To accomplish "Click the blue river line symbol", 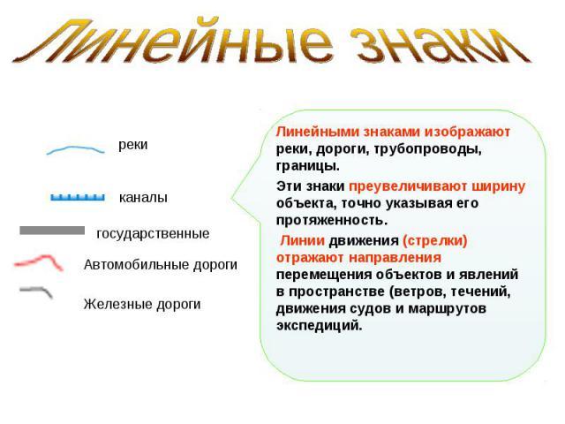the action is point(76,148).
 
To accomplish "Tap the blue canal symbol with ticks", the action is point(78,197).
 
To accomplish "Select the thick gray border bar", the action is point(52,231).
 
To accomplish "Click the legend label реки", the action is point(133,145).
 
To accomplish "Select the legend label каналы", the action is point(143,198).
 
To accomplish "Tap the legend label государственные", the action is point(153,233).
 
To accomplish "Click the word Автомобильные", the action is point(137,264).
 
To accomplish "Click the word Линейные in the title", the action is point(172,42).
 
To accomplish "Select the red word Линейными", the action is point(318,132).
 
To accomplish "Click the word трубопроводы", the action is point(428,149).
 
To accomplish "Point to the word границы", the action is point(308,167).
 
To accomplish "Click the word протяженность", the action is point(332,220).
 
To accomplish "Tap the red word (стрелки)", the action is point(434,240).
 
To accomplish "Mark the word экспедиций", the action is point(320,326).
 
